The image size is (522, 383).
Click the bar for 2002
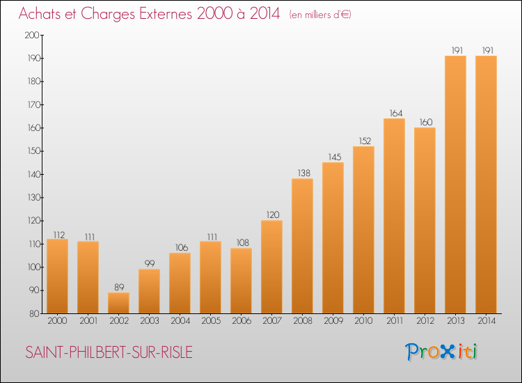(x=118, y=303)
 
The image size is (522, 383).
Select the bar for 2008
(x=302, y=246)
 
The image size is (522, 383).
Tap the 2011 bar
(x=394, y=216)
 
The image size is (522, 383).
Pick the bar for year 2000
(x=57, y=276)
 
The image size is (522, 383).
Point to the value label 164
(x=396, y=114)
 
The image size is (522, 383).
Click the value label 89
(x=119, y=287)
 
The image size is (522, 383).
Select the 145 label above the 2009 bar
(x=335, y=157)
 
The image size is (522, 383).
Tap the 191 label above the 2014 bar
(x=488, y=50)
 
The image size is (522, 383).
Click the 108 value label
(x=243, y=243)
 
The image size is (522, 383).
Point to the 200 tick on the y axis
(x=32, y=35)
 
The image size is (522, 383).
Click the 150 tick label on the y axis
(x=33, y=151)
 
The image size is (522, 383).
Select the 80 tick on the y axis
(x=35, y=314)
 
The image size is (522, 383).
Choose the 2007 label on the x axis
(x=272, y=321)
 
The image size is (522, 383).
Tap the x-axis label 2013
(x=456, y=321)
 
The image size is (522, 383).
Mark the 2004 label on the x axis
(x=180, y=321)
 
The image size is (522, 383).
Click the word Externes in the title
(x=166, y=14)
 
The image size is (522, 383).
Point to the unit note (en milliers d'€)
(x=320, y=15)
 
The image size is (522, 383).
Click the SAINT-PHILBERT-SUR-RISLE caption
(x=109, y=352)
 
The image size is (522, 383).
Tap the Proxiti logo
(x=441, y=352)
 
